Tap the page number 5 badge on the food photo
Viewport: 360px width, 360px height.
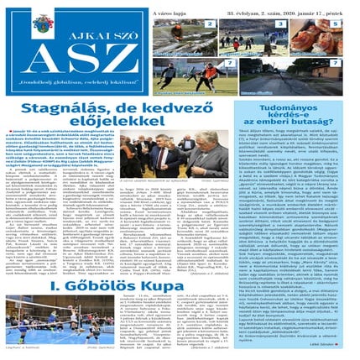(337, 24)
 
